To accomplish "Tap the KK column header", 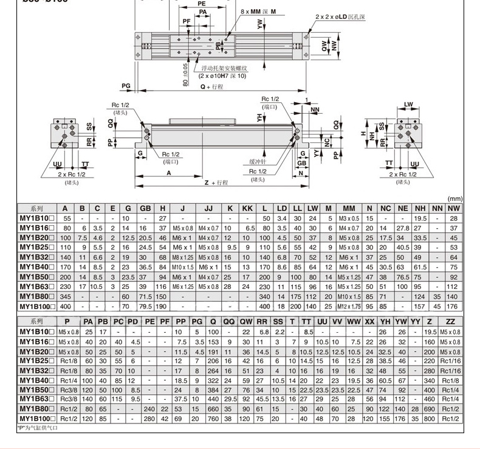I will coord(247,208).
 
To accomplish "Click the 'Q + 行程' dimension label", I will coord(212,86).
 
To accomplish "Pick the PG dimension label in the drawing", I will coord(126,86).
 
